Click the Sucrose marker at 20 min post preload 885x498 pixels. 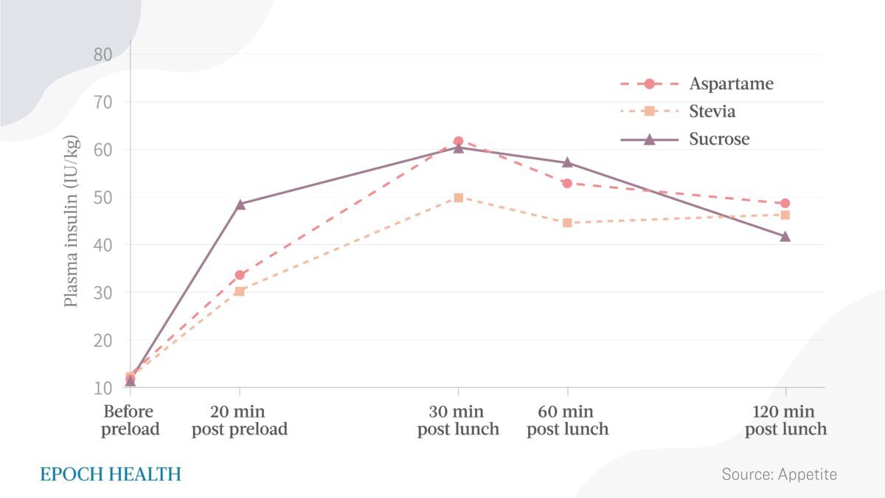[240, 204]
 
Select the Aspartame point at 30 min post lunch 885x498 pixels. [458, 141]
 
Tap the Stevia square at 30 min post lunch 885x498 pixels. [458, 198]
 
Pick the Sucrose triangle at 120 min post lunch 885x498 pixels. [785, 237]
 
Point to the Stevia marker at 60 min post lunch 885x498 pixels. [567, 223]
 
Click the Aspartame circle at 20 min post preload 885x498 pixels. [240, 275]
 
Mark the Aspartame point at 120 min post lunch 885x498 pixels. [785, 204]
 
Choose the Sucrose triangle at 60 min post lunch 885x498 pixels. [567, 162]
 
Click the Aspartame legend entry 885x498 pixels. [731, 83]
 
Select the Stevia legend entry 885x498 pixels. [712, 111]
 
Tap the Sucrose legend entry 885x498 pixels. [719, 139]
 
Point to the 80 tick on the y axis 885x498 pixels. [103, 55]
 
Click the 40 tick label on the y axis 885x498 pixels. [103, 245]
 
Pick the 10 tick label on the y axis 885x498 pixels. [103, 387]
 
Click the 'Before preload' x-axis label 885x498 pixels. [131, 420]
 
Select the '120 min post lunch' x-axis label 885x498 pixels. [785, 420]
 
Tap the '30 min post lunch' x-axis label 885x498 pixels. [458, 420]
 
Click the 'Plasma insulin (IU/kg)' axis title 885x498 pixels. [72, 221]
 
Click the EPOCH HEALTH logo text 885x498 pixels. [110, 474]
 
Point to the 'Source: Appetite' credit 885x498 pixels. [779, 474]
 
